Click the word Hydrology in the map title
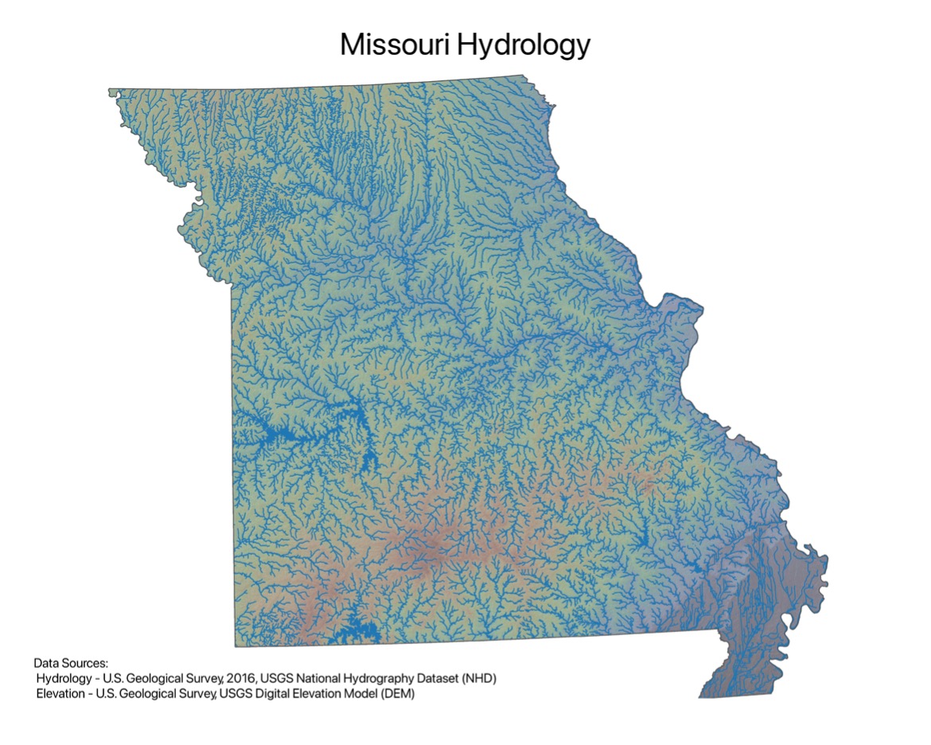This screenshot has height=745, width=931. point(522,46)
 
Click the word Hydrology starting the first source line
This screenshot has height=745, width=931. point(63,679)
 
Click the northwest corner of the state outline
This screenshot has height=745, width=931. point(111,90)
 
